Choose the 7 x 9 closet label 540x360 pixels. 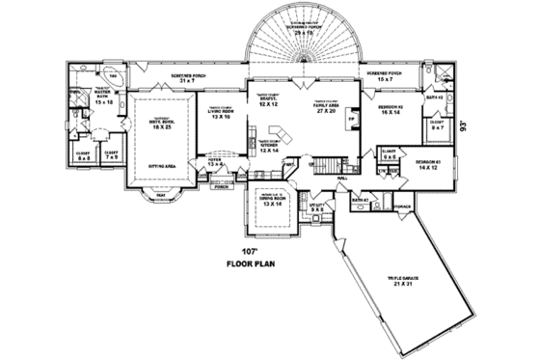click(x=111, y=155)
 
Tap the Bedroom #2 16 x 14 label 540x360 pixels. click(x=390, y=110)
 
